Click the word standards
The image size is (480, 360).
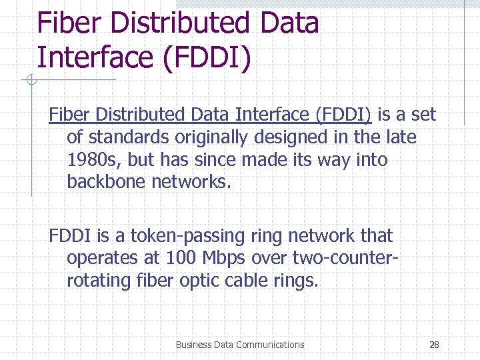click(129, 137)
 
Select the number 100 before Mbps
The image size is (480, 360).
click(181, 258)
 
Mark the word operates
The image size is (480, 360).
click(104, 258)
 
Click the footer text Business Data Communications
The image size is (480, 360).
click(239, 345)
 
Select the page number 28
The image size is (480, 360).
click(434, 345)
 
